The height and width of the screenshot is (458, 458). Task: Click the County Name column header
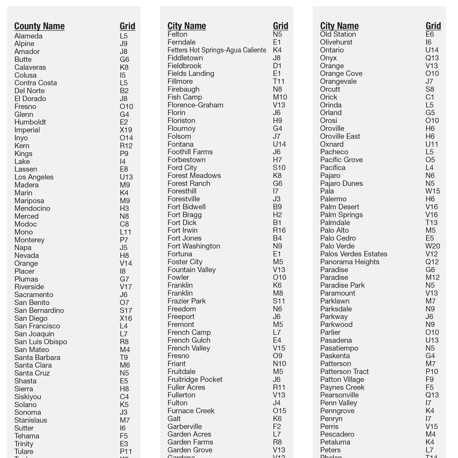[x=39, y=26]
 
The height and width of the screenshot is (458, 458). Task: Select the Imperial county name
[x=27, y=130]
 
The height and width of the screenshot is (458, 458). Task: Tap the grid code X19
[x=126, y=130]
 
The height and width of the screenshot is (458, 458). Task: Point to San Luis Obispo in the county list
[x=40, y=342]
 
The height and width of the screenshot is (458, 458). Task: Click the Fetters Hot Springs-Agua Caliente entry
[x=217, y=50]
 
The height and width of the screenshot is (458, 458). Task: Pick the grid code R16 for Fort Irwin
[x=279, y=230]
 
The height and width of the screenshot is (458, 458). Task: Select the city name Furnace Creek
[x=191, y=411]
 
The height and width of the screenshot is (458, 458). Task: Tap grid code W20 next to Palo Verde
[x=433, y=246]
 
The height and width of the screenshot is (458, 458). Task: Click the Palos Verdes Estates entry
[x=353, y=254]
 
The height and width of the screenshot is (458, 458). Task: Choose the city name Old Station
[x=338, y=34]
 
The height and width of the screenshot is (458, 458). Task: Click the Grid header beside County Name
[x=127, y=26]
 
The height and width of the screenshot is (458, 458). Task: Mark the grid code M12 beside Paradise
[x=433, y=277]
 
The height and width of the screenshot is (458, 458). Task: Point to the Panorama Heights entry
[x=350, y=262]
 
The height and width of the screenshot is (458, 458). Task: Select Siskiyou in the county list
[x=27, y=397]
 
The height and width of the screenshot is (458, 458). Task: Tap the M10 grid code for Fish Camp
[x=280, y=97]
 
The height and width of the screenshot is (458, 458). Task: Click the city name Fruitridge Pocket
[x=195, y=379]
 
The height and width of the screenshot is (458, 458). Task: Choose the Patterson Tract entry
[x=344, y=371]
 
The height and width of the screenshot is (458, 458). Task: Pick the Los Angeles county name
[x=34, y=177]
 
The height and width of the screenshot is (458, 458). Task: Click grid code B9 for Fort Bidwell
[x=277, y=207]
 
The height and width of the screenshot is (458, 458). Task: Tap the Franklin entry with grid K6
[x=180, y=285]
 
